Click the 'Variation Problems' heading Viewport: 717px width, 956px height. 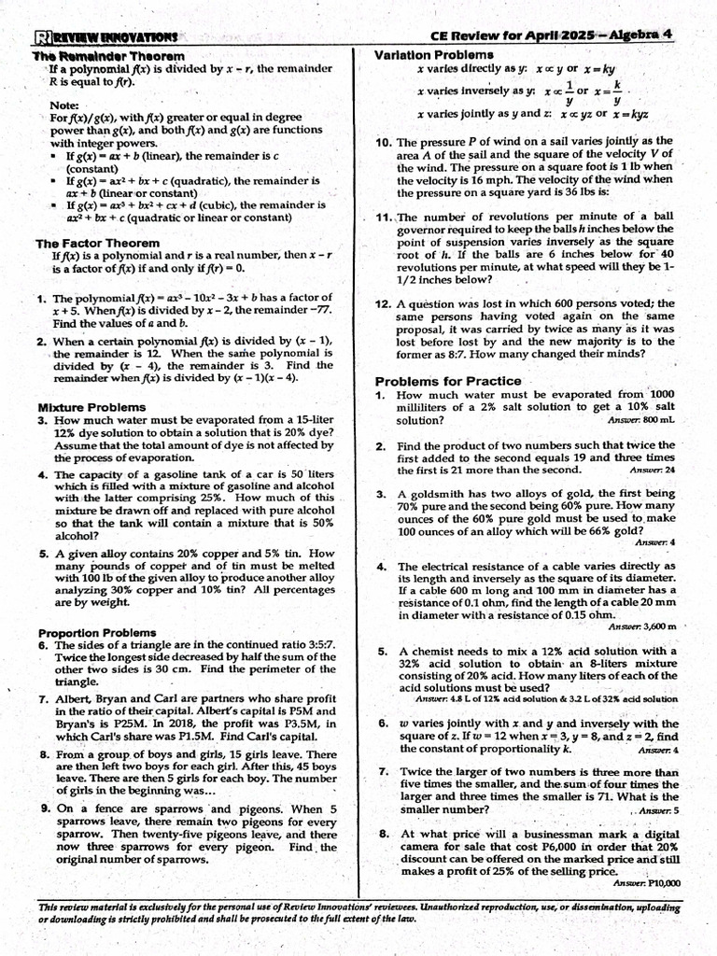434,55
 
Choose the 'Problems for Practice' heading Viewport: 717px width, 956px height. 448,381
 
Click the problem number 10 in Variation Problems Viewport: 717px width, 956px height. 384,143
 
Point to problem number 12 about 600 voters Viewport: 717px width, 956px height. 384,304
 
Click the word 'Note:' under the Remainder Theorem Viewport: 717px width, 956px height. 64,105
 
